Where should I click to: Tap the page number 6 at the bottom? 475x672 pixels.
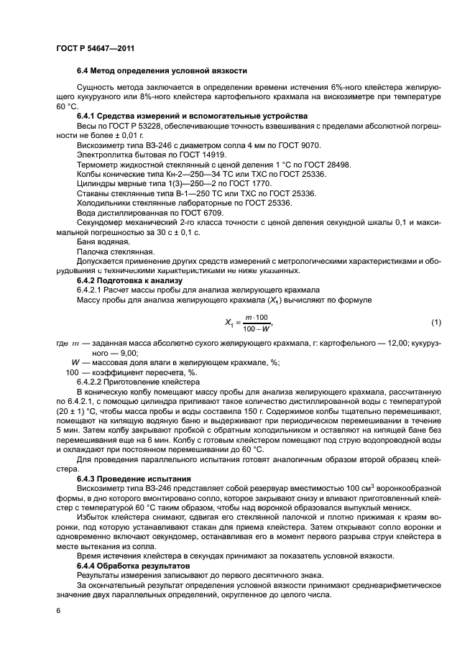57,611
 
